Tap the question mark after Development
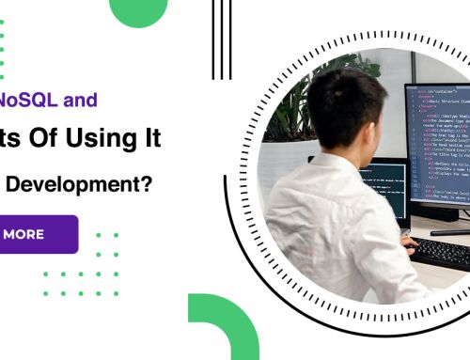[x=149, y=185]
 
